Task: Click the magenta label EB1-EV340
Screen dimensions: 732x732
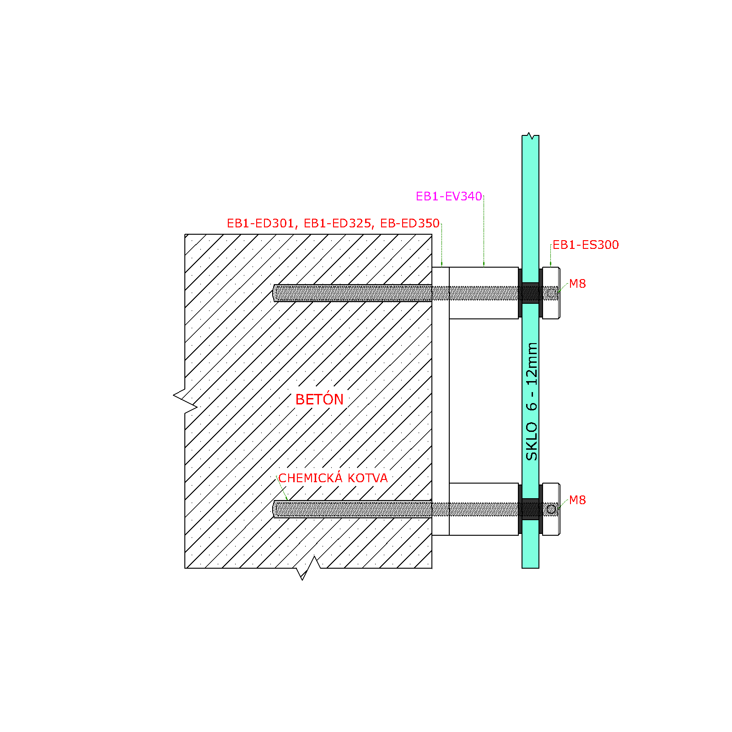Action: (449, 196)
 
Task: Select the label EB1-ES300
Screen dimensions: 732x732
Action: (586, 245)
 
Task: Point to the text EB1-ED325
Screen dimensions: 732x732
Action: (338, 223)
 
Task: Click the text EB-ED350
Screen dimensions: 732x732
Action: (410, 223)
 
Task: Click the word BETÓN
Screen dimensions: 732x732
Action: (319, 399)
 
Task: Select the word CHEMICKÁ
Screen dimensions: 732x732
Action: (311, 478)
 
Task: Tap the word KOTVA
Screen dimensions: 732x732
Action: (367, 478)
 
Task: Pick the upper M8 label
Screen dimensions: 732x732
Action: (577, 284)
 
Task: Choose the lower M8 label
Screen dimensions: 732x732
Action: (577, 500)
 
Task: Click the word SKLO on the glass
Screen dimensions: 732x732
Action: (532, 441)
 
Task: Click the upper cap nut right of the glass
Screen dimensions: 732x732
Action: (551, 293)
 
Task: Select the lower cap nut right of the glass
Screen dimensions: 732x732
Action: (551, 509)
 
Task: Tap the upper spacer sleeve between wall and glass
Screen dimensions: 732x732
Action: (484, 293)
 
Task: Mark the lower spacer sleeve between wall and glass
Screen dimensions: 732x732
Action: (484, 509)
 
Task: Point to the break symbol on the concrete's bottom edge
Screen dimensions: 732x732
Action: (308, 568)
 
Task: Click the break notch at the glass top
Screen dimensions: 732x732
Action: (530, 135)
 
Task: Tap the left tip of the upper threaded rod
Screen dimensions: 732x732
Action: (273, 293)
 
